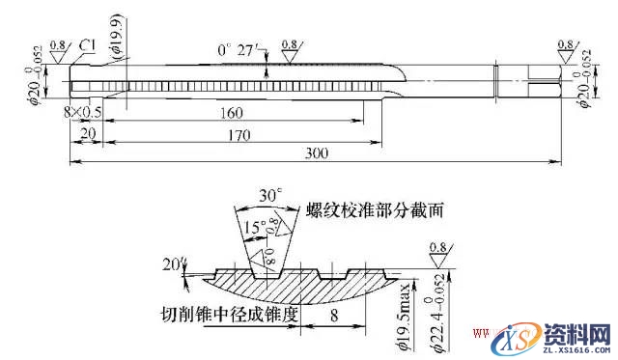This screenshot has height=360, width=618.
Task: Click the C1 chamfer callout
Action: coord(88,45)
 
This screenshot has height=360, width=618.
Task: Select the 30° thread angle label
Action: coord(267,196)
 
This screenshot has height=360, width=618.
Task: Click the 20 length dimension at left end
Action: coord(88,135)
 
